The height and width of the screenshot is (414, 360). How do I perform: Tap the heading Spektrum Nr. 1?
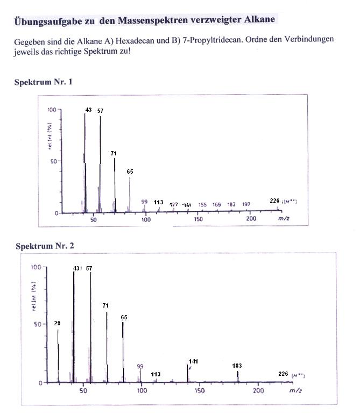pyautogui.click(x=43, y=82)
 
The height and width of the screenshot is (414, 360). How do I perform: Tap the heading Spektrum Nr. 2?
pyautogui.click(x=45, y=246)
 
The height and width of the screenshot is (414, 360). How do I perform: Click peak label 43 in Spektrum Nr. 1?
pyautogui.click(x=88, y=110)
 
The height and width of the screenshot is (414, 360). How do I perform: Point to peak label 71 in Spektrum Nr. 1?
pyautogui.click(x=114, y=153)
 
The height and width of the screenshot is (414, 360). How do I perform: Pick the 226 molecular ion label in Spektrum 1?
pyautogui.click(x=274, y=201)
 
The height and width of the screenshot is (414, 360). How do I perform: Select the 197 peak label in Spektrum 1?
pyautogui.click(x=246, y=204)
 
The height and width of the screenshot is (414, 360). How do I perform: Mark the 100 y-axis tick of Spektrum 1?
pyautogui.click(x=52, y=109)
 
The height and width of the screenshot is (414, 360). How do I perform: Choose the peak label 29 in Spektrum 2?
pyautogui.click(x=57, y=323)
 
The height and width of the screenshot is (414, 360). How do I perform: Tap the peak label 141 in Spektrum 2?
pyautogui.click(x=194, y=361)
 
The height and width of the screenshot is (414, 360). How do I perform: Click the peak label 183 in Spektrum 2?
pyautogui.click(x=237, y=366)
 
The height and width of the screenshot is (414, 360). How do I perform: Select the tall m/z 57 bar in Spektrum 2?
pyautogui.click(x=90, y=328)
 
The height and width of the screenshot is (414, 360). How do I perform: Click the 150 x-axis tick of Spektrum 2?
pyautogui.click(x=200, y=391)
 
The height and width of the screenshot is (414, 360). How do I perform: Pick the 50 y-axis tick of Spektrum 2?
pyautogui.click(x=37, y=324)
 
